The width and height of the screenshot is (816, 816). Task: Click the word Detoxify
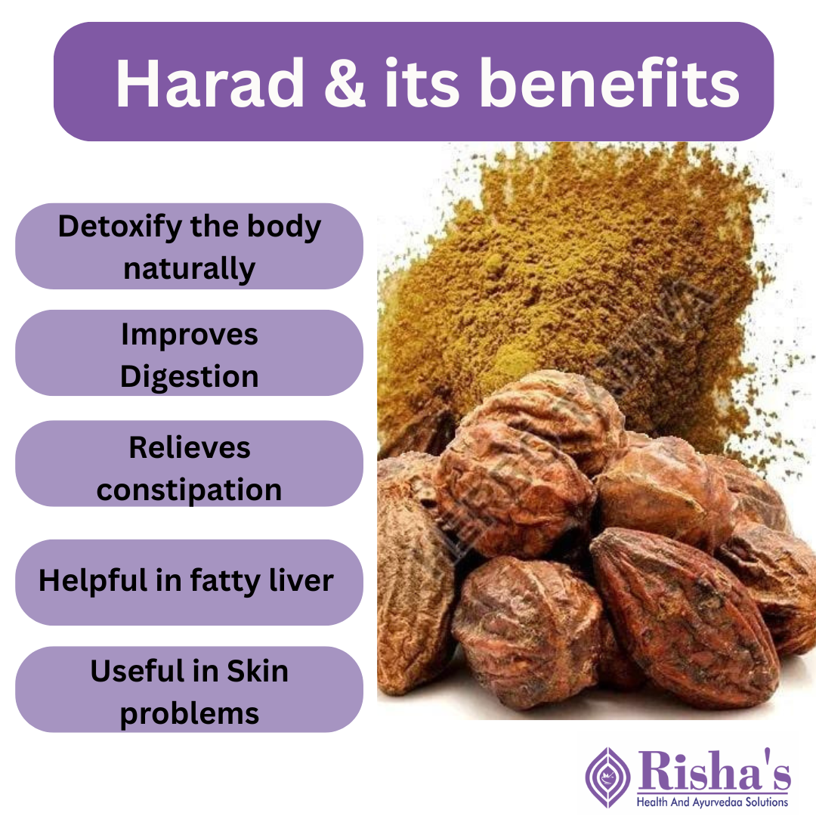119,227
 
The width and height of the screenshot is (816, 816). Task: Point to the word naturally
189,268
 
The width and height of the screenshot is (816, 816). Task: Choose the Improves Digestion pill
189,354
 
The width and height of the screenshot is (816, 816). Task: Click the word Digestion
189,376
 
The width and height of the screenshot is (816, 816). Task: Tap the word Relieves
189,447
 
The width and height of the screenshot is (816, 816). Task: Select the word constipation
189,490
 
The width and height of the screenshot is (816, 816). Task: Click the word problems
189,713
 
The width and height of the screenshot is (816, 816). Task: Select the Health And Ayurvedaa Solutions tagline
712,802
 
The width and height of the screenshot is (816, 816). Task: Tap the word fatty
224,580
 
